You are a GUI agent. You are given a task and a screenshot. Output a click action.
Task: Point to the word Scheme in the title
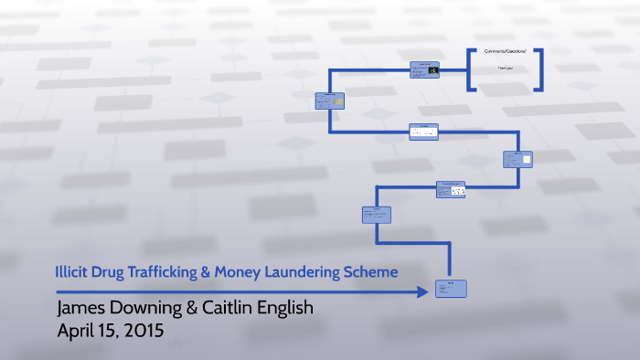[x=376, y=271]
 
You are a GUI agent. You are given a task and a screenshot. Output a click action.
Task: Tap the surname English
[x=288, y=308]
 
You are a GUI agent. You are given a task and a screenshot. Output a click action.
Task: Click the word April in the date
[x=79, y=331]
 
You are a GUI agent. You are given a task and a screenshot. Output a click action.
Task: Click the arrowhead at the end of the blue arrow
[x=422, y=291]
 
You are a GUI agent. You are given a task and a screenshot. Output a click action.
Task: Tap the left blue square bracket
[x=472, y=68]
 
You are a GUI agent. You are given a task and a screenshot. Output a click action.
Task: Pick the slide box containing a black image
[x=425, y=70]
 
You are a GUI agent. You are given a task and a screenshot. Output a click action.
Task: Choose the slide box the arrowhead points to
[x=453, y=289]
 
